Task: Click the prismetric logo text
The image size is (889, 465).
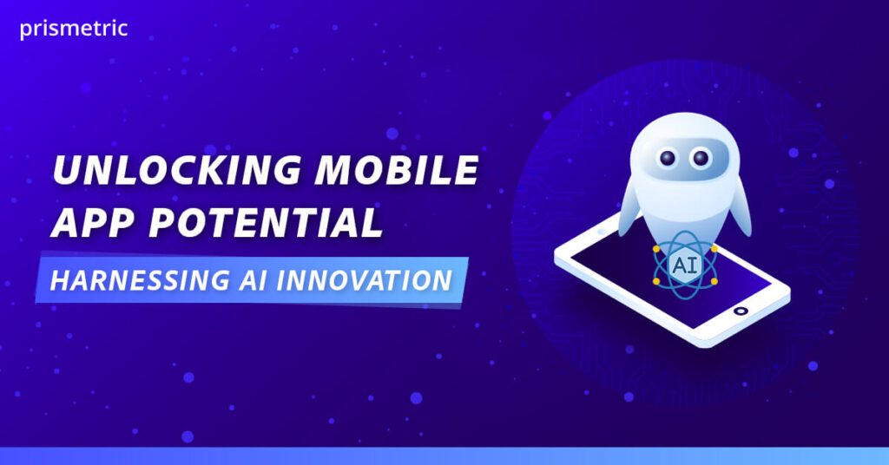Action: coord(73,29)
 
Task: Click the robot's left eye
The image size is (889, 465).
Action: coord(668,159)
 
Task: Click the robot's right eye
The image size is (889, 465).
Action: coord(701,159)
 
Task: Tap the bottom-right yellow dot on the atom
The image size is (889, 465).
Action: coord(714,282)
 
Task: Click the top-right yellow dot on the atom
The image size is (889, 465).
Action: coord(714,248)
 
